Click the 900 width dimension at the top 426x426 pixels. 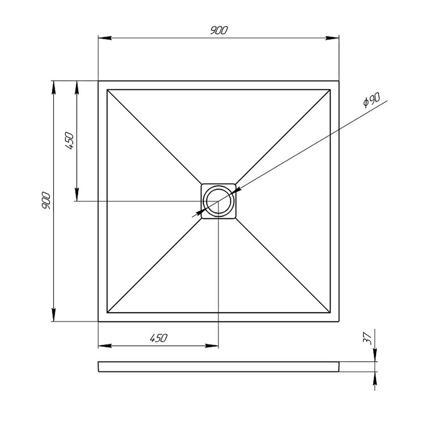(219, 30)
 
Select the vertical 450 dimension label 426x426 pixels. (69, 141)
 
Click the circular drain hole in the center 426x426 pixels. (219, 201)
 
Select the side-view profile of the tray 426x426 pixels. (219, 367)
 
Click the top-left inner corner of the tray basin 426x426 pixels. (107, 89)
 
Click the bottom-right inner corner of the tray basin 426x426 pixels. (330, 313)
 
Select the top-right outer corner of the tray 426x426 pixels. (339, 81)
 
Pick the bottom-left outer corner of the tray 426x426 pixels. (98, 321)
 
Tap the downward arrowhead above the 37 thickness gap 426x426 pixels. (375, 357)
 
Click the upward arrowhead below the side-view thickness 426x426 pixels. (375, 377)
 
